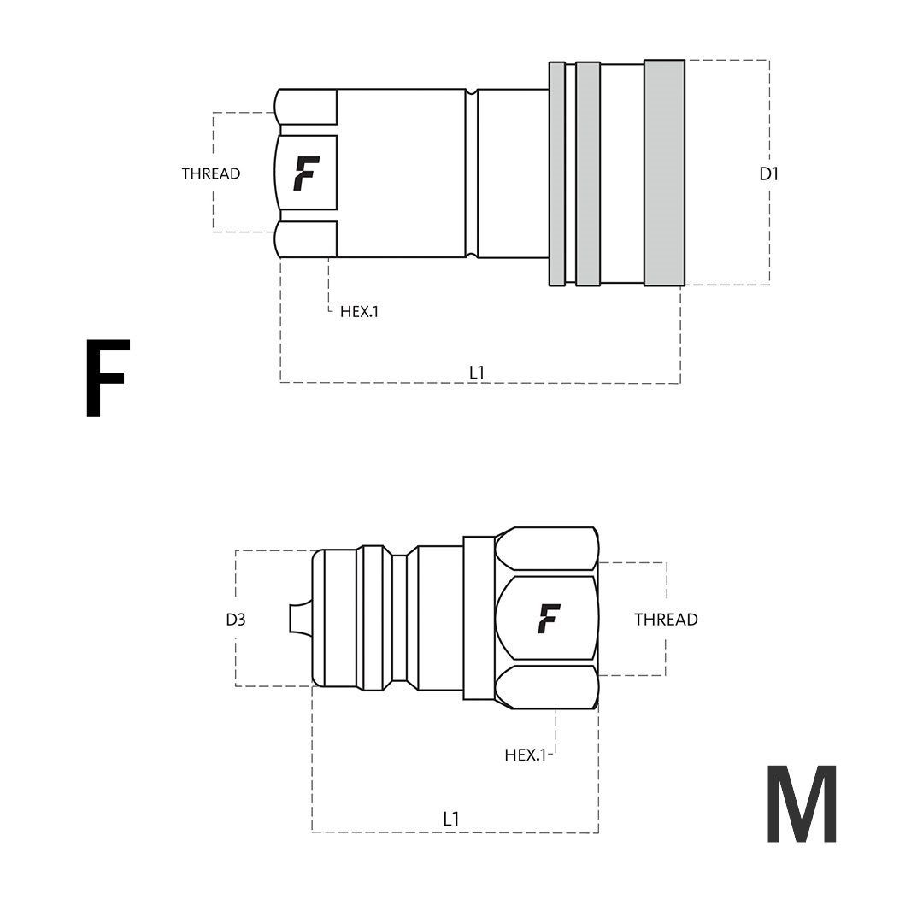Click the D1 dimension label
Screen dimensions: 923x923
pyautogui.click(x=769, y=173)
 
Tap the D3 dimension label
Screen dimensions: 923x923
pyautogui.click(x=236, y=620)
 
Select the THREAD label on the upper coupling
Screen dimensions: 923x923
pyautogui.click(x=211, y=173)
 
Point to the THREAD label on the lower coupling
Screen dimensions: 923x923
pyautogui.click(x=666, y=620)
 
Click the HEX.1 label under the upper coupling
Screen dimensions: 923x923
pyautogui.click(x=359, y=311)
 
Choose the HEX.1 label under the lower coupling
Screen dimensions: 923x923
pyautogui.click(x=525, y=755)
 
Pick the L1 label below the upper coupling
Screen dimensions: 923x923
pyautogui.click(x=477, y=372)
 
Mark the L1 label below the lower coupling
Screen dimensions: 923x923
pyautogui.click(x=451, y=819)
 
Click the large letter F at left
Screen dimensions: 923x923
pyautogui.click(x=107, y=379)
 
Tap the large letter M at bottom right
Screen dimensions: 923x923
pyautogui.click(x=802, y=803)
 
